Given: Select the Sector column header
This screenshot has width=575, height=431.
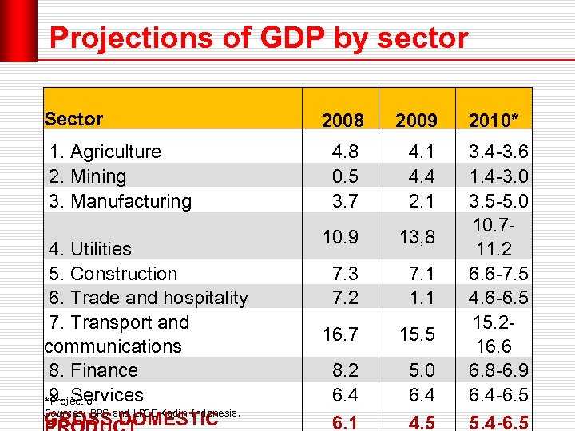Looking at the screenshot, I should coord(73,119).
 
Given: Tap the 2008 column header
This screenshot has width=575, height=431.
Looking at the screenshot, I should coord(342,121).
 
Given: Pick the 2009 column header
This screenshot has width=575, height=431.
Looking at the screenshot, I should coord(416,121).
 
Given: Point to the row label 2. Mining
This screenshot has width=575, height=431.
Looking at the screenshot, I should coord(87,176).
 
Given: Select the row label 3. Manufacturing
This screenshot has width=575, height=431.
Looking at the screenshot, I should coord(120,201).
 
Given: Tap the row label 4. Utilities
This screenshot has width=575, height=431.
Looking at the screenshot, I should coord(90,249).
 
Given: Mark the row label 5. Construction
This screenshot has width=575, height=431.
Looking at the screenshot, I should coord(113,274).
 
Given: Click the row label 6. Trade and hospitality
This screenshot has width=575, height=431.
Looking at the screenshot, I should coord(148,298).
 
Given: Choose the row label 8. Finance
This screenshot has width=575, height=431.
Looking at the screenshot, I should coord(93,370).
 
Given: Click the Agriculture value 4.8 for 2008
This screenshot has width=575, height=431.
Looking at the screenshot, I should coord(345,152).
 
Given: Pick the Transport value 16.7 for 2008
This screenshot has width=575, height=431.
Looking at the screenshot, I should coord(342,334).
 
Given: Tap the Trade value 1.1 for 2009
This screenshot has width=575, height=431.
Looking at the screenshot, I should coord(419,298).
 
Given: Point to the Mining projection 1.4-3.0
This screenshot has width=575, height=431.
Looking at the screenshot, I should coord(499,176).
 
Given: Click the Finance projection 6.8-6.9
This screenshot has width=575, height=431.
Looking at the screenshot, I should coord(499,370).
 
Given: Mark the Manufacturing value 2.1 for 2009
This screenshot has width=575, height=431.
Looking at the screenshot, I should coord(419,201).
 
